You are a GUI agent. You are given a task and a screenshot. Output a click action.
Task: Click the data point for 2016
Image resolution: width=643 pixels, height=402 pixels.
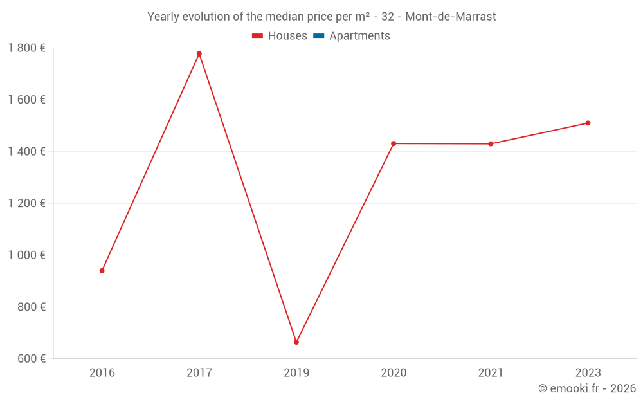pyautogui.click(x=102, y=271)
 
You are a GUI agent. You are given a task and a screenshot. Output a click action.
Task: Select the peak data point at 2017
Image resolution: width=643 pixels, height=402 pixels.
pyautogui.click(x=199, y=53)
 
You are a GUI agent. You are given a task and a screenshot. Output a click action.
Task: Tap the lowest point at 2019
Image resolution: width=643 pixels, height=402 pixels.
pyautogui.click(x=296, y=342)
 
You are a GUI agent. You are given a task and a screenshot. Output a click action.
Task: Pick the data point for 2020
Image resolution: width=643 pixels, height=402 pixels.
pyautogui.click(x=394, y=143)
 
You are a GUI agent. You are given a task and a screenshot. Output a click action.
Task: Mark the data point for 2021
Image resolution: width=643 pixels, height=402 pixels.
pyautogui.click(x=491, y=144)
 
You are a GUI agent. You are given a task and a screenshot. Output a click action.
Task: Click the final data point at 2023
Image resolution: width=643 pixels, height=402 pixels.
pyautogui.click(x=588, y=123)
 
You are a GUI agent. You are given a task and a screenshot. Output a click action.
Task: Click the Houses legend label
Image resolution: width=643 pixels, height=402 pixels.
pyautogui.click(x=287, y=36)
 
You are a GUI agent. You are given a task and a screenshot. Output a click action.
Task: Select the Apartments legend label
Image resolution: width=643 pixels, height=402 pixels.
pyautogui.click(x=359, y=36)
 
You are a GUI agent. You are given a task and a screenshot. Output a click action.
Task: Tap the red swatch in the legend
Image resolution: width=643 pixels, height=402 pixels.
pyautogui.click(x=258, y=36)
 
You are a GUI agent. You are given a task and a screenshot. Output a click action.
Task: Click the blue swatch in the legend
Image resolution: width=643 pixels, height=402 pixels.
pyautogui.click(x=319, y=36)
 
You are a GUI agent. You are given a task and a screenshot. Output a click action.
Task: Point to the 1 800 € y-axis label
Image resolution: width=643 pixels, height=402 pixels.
pyautogui.click(x=26, y=48)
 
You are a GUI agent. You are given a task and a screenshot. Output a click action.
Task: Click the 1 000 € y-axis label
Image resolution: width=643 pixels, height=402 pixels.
pyautogui.click(x=26, y=255)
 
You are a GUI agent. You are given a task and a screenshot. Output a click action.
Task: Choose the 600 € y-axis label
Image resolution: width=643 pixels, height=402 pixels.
pyautogui.click(x=30, y=359)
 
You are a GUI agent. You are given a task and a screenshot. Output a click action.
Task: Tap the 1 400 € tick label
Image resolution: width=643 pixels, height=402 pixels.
pyautogui.click(x=26, y=152)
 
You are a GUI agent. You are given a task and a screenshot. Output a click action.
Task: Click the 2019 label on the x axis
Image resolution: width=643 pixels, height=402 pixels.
pyautogui.click(x=296, y=372)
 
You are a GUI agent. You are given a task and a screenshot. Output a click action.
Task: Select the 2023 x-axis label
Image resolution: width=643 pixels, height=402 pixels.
pyautogui.click(x=588, y=372)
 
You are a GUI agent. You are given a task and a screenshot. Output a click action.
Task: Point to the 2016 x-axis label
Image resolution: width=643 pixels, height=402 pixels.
pyautogui.click(x=102, y=372)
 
